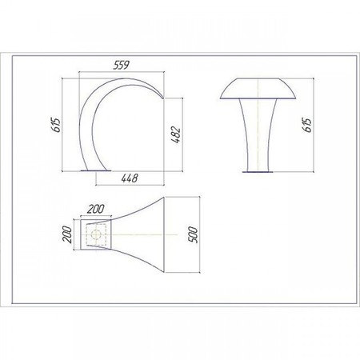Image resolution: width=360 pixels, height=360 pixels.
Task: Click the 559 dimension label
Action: [122, 65]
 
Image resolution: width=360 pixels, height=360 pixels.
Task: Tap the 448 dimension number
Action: [130, 178]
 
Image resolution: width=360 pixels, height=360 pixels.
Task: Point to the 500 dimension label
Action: [193, 234]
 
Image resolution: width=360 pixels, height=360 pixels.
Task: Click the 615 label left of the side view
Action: [56, 125]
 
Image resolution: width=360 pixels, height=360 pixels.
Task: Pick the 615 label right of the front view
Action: [307, 125]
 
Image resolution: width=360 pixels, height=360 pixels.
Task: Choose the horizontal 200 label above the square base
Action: [96, 209]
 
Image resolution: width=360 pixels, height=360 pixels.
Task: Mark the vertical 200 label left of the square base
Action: [67, 234]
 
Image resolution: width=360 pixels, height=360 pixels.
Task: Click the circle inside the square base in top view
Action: [96, 234]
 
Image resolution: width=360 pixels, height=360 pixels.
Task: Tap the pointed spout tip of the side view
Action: [163, 98]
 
